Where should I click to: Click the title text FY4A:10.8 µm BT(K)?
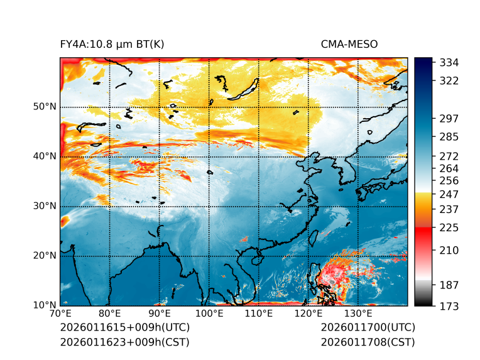click(112, 44)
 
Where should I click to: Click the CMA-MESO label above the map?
click(349, 44)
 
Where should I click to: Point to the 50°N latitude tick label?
click(45, 107)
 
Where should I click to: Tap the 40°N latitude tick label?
click(45, 156)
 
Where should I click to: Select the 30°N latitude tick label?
click(45, 206)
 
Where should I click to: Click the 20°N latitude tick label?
click(45, 256)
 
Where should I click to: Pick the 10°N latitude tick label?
click(45, 305)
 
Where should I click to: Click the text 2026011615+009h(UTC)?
click(124, 328)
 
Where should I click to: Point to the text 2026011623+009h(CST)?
click(124, 342)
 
